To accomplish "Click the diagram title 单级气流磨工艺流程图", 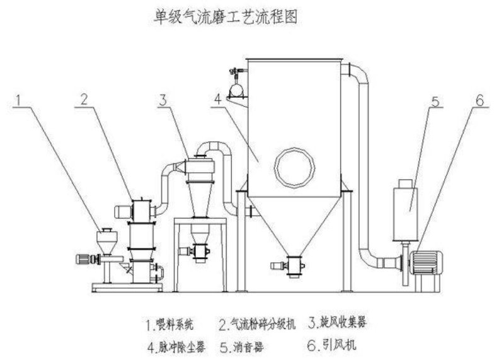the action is point(226,16).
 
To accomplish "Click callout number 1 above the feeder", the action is point(19,100).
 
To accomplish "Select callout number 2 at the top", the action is point(84,100).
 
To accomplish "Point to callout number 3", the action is point(163,100).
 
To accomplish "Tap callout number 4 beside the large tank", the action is point(218,100).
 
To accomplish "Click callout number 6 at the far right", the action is point(479,101).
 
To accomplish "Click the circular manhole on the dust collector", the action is point(294,168).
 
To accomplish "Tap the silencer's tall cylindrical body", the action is point(405,214).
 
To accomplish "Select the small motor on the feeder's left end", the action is point(83,259).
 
